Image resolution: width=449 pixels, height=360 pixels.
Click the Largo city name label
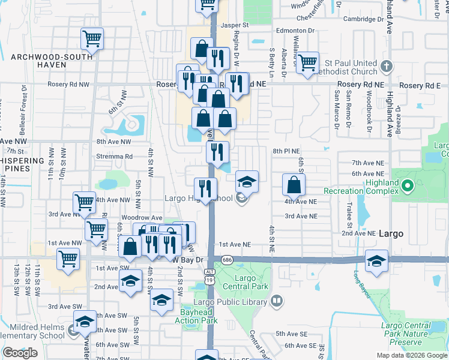pyautogui.click(x=391, y=233)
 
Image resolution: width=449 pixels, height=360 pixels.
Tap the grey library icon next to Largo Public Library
pyautogui.click(x=276, y=301)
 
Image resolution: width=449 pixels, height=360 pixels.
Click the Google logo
pyautogui.click(x=20, y=353)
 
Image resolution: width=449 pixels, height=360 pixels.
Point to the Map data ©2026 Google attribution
pyautogui.click(x=411, y=355)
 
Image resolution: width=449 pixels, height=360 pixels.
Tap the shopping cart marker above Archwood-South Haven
pyautogui.click(x=92, y=39)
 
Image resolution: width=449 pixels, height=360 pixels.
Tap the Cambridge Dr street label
pyautogui.click(x=363, y=19)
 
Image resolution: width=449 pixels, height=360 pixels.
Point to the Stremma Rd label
pyautogui.click(x=114, y=156)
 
